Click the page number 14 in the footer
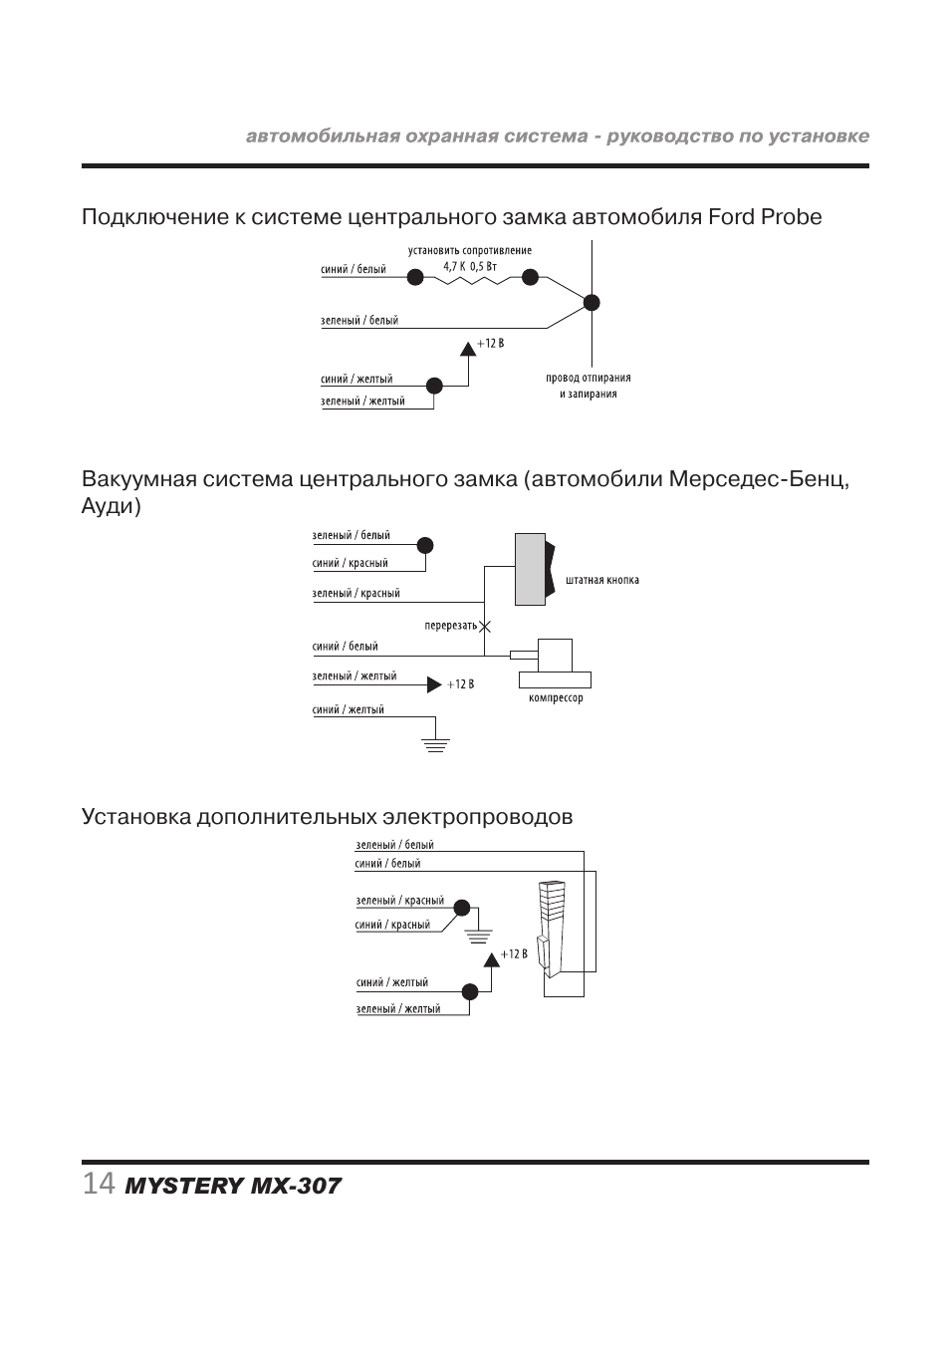click(98, 1184)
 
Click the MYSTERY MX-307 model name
click(233, 1186)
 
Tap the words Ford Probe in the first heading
click(765, 216)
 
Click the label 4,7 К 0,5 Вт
click(470, 265)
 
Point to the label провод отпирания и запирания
click(588, 386)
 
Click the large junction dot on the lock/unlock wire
click(592, 303)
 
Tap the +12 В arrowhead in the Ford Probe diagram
click(468, 349)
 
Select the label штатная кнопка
click(601, 580)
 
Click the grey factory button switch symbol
click(532, 569)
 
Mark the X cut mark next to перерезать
click(485, 626)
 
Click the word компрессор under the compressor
click(556, 698)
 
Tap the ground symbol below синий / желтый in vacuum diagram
click(435, 743)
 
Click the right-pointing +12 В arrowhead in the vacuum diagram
click(433, 684)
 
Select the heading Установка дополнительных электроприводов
click(327, 817)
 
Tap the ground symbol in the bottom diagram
click(479, 935)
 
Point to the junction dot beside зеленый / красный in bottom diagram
click(461, 908)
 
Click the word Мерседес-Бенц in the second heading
click(759, 479)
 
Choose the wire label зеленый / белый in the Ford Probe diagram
click(359, 321)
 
